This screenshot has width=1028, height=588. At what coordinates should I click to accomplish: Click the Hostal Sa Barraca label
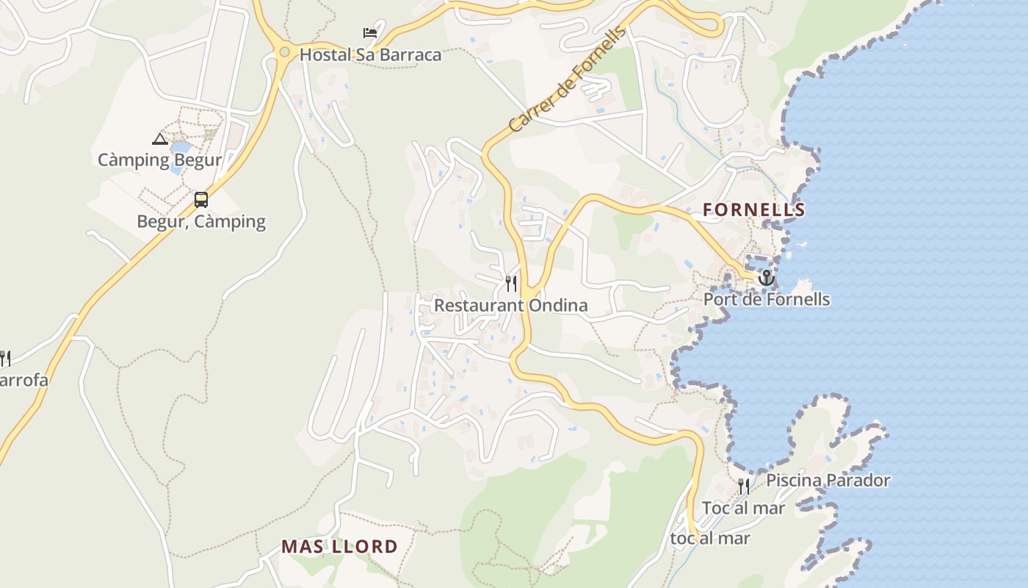(370, 54)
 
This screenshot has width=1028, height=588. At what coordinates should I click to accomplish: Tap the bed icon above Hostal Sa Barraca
(370, 33)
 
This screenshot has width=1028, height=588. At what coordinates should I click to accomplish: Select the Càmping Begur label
(159, 159)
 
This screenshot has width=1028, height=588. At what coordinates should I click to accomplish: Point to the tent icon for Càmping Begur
(159, 139)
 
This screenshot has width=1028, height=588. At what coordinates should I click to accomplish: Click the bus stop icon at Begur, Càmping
(200, 200)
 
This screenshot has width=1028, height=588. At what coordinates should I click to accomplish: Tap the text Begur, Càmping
(200, 221)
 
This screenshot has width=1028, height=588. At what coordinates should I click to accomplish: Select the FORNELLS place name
(753, 210)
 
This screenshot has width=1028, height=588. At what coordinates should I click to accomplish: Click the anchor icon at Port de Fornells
(766, 278)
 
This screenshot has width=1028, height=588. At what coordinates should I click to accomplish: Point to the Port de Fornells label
(767, 299)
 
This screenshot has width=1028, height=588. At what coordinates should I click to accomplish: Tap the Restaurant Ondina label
(510, 305)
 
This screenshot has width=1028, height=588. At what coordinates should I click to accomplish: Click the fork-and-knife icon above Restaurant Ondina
(511, 284)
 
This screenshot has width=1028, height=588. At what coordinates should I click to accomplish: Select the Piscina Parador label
(828, 481)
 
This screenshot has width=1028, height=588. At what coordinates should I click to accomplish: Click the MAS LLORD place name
(339, 547)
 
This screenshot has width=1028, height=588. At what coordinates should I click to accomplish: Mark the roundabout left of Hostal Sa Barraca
(284, 51)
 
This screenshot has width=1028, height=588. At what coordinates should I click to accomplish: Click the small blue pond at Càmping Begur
(179, 157)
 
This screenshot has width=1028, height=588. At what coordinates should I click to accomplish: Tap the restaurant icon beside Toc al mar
(744, 487)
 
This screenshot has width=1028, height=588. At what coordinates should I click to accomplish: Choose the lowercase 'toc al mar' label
(710, 538)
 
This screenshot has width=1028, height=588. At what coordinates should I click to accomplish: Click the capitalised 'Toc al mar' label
(743, 508)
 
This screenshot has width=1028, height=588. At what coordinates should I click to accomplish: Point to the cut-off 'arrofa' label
(23, 380)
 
